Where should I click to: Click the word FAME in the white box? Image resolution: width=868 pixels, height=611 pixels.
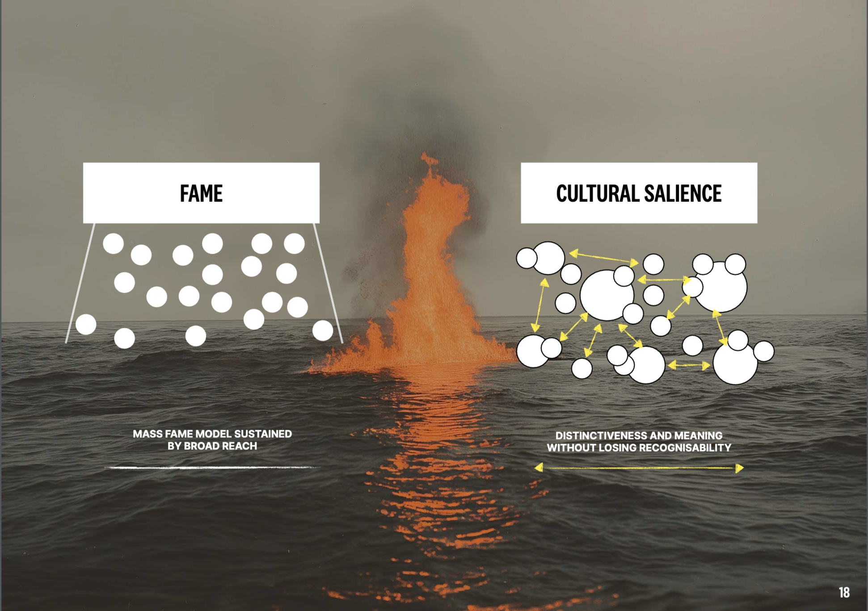(201, 193)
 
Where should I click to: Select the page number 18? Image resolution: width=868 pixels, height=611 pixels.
(844, 592)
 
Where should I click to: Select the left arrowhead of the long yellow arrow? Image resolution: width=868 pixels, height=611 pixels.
(539, 468)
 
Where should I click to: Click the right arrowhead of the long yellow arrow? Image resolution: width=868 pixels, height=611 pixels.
(739, 468)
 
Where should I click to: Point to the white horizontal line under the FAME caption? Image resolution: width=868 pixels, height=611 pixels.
(212, 468)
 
